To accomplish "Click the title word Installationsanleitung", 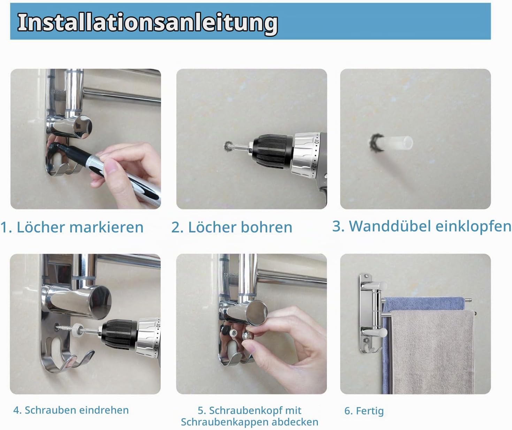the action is (x=148, y=23).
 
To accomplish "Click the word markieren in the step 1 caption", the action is (x=106, y=227).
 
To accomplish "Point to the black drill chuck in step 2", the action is (x=272, y=152).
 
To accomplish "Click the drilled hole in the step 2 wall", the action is (x=228, y=146).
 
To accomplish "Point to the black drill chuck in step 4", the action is (x=120, y=334).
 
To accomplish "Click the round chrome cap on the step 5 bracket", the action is (x=257, y=313).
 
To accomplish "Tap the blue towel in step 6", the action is (x=424, y=304).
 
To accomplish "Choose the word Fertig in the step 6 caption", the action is (x=370, y=411).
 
